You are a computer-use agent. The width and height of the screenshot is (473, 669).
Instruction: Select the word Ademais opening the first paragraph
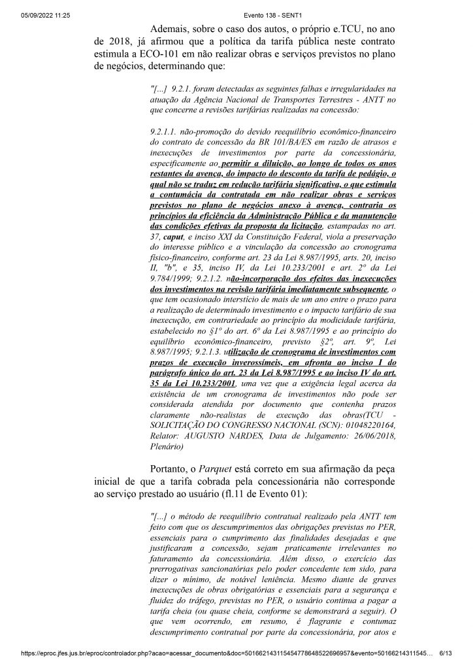coord(172,29)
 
